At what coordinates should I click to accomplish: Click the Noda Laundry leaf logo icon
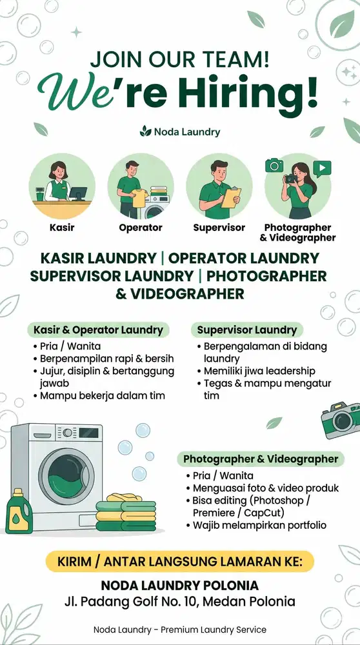point(145,132)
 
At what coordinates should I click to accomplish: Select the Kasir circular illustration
point(62,186)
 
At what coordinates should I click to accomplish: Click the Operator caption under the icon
point(141,228)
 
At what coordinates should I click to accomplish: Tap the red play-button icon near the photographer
point(322,169)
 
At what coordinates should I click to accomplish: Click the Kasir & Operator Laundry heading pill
point(99,330)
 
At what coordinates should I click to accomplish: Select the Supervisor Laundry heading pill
point(247,330)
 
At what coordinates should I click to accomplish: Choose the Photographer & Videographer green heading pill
point(261,459)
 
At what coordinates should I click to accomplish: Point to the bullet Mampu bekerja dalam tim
point(103,395)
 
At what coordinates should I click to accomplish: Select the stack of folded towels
point(126,513)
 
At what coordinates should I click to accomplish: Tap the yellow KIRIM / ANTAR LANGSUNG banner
point(179,561)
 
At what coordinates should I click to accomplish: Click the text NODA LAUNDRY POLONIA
point(180,586)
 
